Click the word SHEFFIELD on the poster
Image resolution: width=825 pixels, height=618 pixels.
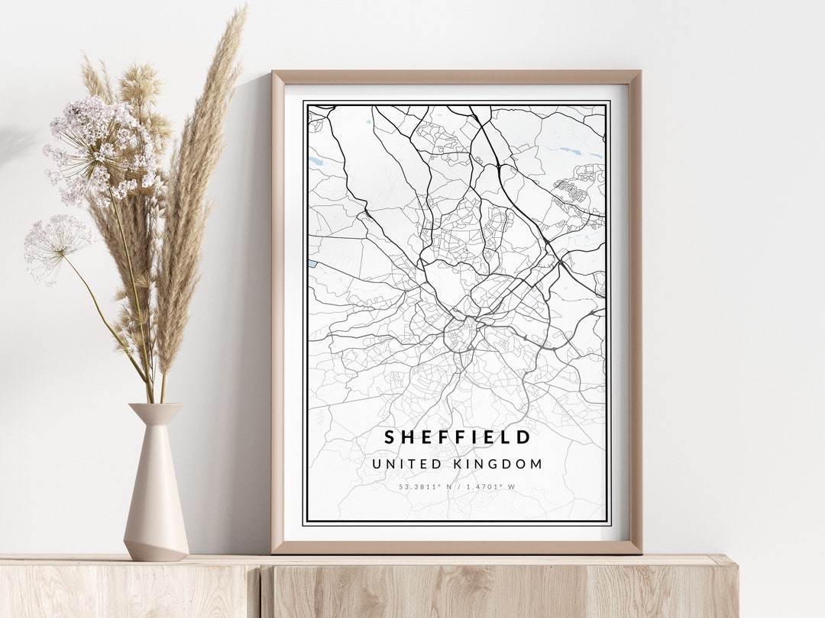tap(457, 437)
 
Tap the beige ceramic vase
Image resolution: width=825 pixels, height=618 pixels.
tap(156, 496)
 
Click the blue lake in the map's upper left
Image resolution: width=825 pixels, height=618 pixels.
tap(317, 161)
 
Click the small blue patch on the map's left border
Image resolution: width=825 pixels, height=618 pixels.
tap(312, 264)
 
